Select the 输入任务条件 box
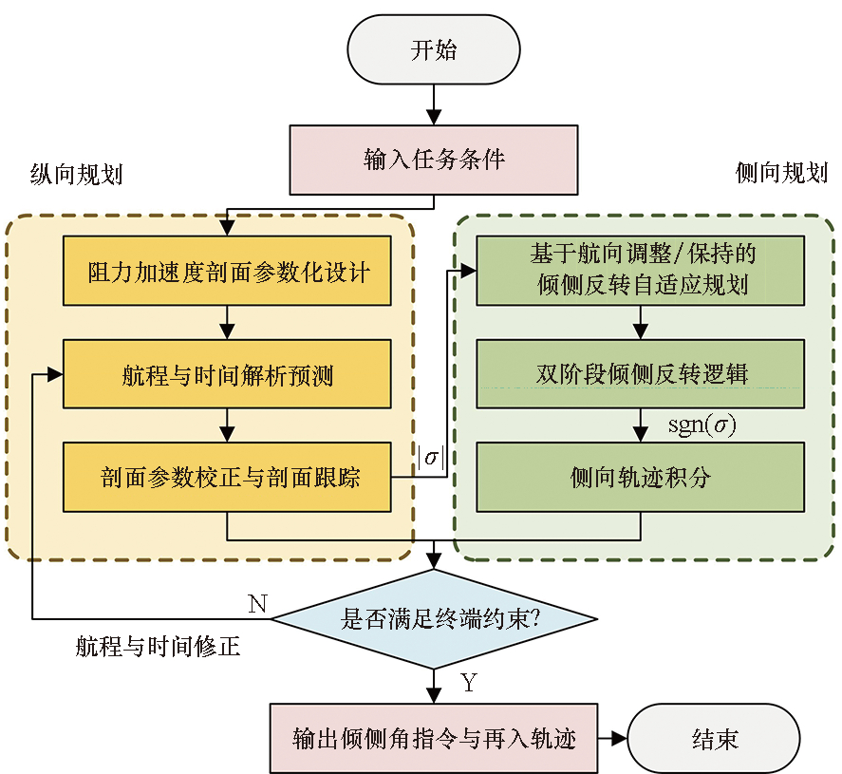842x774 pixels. (x=434, y=159)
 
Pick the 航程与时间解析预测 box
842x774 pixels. (x=228, y=375)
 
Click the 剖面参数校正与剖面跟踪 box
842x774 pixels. (x=228, y=477)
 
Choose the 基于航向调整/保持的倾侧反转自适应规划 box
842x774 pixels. (x=641, y=271)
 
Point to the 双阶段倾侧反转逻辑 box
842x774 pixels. (x=641, y=373)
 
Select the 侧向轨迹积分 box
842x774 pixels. (x=641, y=477)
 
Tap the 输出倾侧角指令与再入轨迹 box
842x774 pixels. (x=435, y=738)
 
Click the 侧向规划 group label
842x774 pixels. (x=781, y=173)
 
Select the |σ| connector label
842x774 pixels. (x=431, y=457)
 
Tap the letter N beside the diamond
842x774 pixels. (x=257, y=604)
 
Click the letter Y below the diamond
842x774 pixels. (x=468, y=682)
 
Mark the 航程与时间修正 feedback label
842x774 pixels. (x=158, y=649)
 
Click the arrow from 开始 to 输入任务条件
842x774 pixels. (x=434, y=104)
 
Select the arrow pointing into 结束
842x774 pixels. (x=611, y=738)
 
